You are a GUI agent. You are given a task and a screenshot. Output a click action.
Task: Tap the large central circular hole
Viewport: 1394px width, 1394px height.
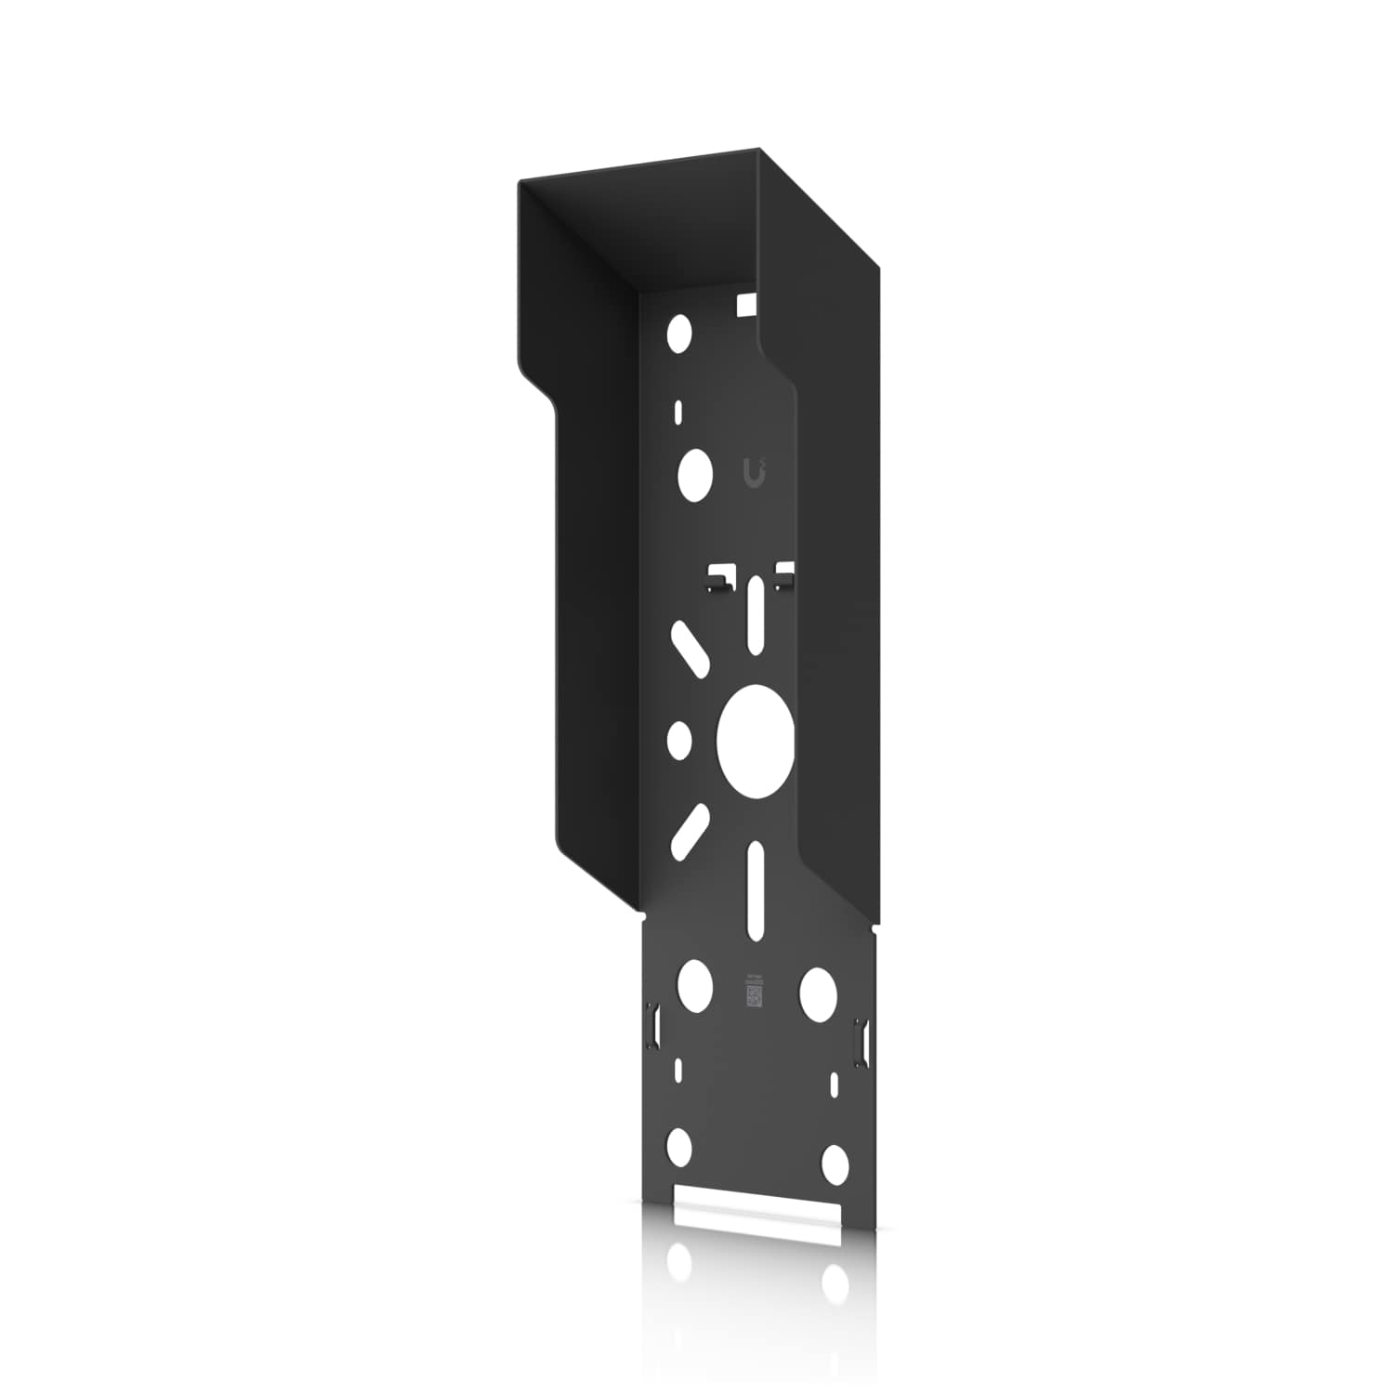pos(756,741)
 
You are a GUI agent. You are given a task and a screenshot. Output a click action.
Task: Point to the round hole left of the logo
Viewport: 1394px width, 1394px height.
pos(694,473)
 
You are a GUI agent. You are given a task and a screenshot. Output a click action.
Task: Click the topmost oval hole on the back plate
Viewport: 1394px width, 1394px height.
pos(680,331)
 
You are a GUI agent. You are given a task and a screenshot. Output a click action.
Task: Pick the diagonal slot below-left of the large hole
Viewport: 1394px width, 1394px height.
pos(689,830)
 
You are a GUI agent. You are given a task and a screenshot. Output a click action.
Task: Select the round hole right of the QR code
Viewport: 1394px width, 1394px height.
pos(818,993)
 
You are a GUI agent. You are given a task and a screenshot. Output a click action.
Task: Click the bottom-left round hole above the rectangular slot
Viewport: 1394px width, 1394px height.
pos(680,1148)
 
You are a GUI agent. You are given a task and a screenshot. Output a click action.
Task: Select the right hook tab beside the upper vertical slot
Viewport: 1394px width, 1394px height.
pos(785,575)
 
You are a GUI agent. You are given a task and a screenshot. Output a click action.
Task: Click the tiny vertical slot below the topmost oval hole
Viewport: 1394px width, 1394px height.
pos(679,412)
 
